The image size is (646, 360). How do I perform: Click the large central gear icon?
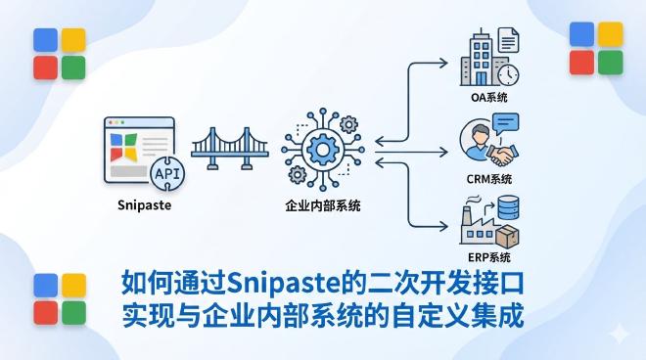[x=321, y=149]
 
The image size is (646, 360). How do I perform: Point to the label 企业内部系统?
[x=321, y=207]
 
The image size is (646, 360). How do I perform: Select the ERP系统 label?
[x=490, y=257]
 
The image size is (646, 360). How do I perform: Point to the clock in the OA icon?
[x=509, y=74]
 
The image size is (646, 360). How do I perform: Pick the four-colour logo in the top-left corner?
[x=58, y=54]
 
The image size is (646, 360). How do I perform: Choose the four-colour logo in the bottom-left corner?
[x=58, y=298]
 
